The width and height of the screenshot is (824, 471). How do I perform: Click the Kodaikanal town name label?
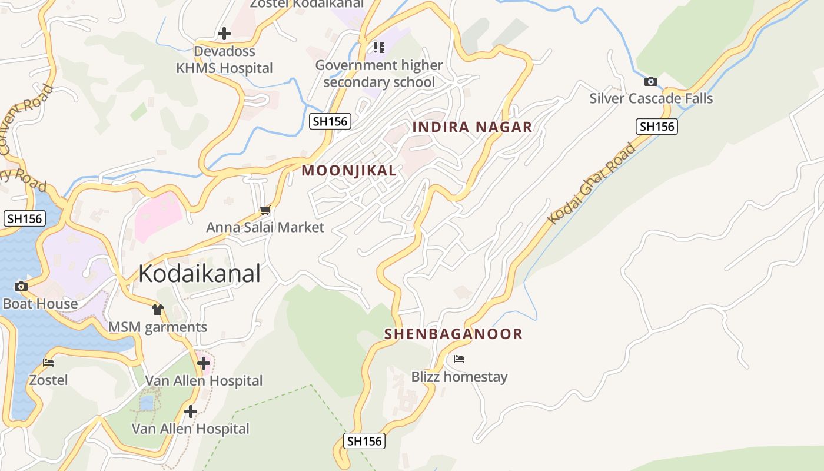[x=200, y=274]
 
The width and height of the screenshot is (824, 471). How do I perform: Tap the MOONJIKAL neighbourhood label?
[x=349, y=171]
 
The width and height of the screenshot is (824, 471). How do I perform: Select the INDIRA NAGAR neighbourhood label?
[x=472, y=127]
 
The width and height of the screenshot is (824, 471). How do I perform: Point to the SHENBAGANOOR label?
[x=453, y=334]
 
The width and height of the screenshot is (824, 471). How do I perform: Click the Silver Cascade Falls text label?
[x=651, y=98]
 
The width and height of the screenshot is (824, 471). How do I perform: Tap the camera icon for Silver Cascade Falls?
[x=650, y=81]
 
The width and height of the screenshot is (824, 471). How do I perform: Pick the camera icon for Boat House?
[x=21, y=287]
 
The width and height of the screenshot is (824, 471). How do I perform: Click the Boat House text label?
[x=40, y=304]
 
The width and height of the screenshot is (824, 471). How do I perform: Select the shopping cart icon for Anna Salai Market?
[x=265, y=210]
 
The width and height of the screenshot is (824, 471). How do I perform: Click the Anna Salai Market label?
[x=265, y=227]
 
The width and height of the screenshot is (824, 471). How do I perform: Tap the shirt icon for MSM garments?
[x=157, y=309]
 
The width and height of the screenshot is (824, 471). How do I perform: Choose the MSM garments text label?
[x=158, y=327]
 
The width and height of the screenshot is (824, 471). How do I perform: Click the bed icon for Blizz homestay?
[x=459, y=359]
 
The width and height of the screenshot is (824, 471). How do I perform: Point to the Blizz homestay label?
[x=459, y=377]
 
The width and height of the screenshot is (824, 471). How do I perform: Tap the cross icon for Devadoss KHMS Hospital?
[x=224, y=34]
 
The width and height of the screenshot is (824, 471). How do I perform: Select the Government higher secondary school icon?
[x=378, y=47]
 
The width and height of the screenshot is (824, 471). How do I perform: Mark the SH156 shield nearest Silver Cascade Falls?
[x=657, y=127]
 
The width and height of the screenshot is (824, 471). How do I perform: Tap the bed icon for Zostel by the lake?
[x=48, y=362]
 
